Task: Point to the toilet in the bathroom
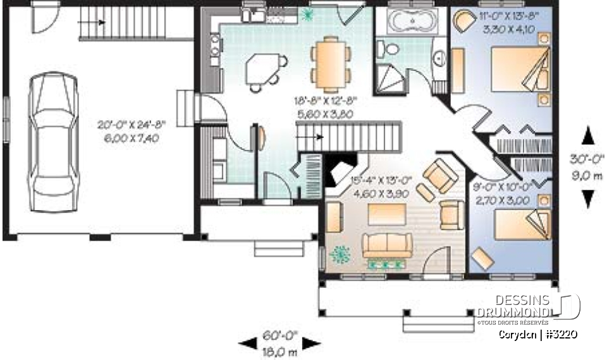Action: [388, 49]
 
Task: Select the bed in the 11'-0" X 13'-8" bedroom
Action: [520, 70]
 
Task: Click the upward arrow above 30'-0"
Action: [587, 135]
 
